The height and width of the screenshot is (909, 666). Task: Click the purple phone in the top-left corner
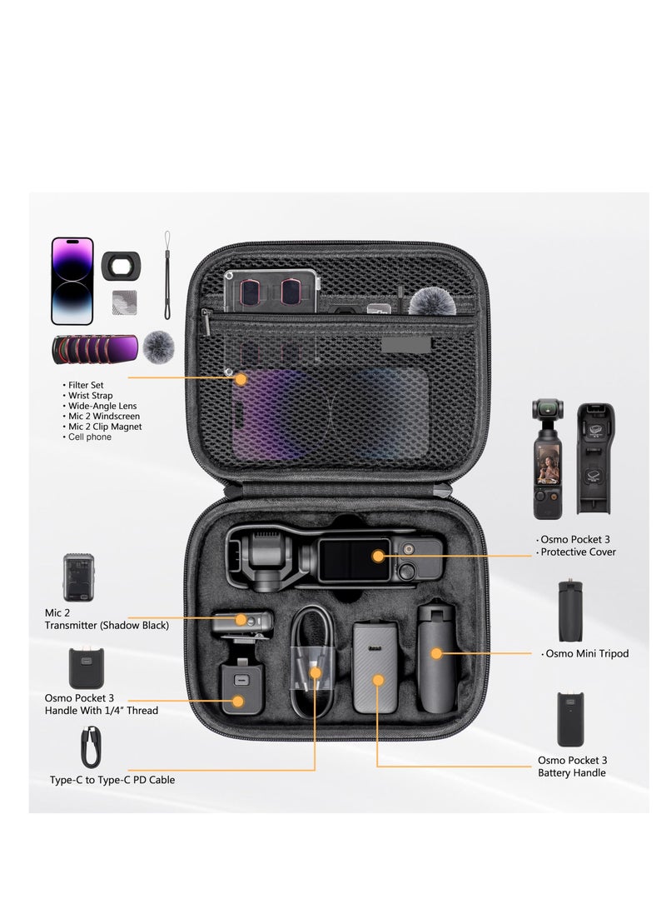click(x=72, y=281)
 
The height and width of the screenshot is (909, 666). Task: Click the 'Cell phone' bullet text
click(x=91, y=437)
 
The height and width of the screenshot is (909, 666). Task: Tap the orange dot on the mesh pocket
click(x=241, y=379)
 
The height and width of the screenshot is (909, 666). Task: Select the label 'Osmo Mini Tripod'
click(x=586, y=654)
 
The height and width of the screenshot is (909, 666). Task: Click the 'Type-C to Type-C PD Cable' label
click(x=112, y=781)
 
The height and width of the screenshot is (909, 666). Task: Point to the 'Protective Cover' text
click(x=578, y=552)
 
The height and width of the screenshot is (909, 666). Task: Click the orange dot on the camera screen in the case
click(x=379, y=555)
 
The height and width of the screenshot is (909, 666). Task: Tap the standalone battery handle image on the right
click(x=570, y=719)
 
